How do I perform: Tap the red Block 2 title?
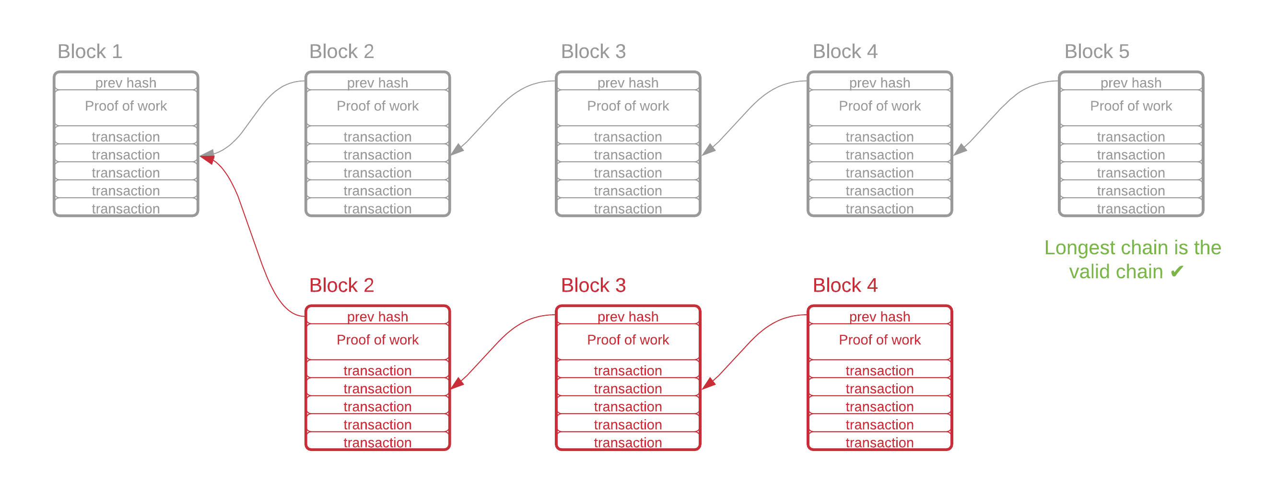pos(341,285)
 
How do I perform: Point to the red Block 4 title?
pos(845,285)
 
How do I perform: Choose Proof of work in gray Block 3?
pos(628,106)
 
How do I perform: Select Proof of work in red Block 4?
pos(880,340)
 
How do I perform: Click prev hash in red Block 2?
pos(378,316)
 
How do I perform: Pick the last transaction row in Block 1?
pos(126,208)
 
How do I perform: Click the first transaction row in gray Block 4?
pos(880,136)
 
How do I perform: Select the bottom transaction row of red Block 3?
pos(628,442)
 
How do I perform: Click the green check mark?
pos(1177,271)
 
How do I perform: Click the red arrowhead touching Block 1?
pos(208,159)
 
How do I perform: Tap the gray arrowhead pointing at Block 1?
pos(207,154)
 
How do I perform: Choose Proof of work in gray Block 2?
pos(378,106)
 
